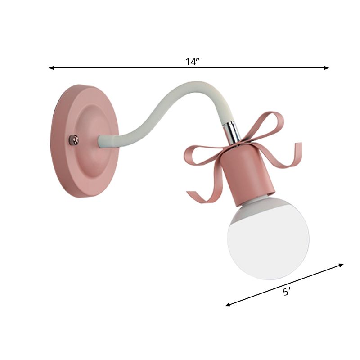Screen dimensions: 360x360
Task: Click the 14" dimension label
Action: (192, 62)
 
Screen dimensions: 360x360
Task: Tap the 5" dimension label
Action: (286, 292)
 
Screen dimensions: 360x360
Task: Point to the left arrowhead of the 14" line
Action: (51, 68)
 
